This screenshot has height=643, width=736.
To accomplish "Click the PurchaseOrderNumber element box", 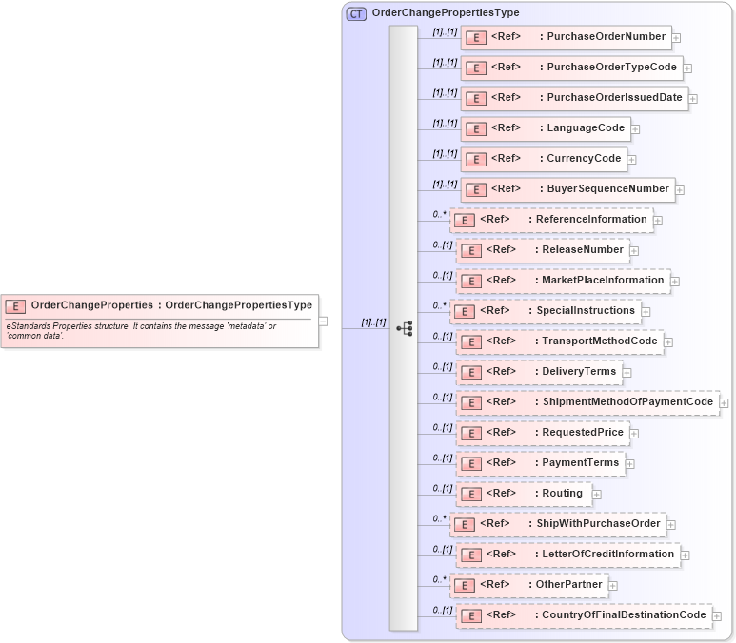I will pyautogui.click(x=566, y=37).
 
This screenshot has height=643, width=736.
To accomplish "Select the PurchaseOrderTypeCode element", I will pyautogui.click(x=571, y=68).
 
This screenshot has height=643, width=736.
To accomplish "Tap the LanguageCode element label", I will pyautogui.click(x=586, y=128).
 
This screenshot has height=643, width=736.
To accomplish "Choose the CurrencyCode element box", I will pyautogui.click(x=543, y=159).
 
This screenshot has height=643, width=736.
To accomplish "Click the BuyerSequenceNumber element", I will pyautogui.click(x=567, y=189).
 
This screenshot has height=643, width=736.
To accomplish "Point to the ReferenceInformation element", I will pyautogui.click(x=551, y=220).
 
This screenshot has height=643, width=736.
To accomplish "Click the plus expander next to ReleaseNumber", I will pyautogui.click(x=635, y=251).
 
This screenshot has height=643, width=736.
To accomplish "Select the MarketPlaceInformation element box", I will pyautogui.click(x=563, y=281).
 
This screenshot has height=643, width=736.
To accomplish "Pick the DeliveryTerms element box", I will pyautogui.click(x=538, y=372).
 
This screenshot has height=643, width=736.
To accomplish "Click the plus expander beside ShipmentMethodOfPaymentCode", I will pyautogui.click(x=725, y=403).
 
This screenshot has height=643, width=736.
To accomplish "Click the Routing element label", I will pyautogui.click(x=562, y=494).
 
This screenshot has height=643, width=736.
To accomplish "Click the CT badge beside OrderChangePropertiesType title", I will pyautogui.click(x=356, y=13).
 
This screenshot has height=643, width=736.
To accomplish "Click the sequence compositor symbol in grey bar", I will pyautogui.click(x=404, y=327).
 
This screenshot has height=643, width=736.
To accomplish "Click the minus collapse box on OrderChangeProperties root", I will pyautogui.click(x=323, y=321).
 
